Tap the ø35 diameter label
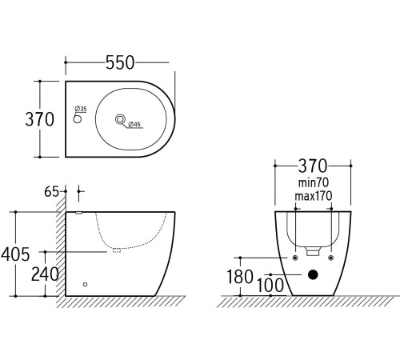(x=82, y=109)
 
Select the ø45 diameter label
(x=134, y=124)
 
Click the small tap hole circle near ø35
(x=78, y=120)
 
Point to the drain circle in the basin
(x=121, y=120)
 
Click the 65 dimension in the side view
(x=53, y=191)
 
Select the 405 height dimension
(x=15, y=254)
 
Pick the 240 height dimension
(x=45, y=274)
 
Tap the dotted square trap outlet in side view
(x=116, y=251)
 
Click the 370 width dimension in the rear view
(x=314, y=166)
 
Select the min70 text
(x=314, y=183)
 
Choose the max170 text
(x=314, y=196)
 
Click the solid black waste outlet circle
(x=313, y=277)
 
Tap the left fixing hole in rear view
(x=295, y=258)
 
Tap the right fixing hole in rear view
(x=331, y=258)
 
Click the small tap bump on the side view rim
(x=78, y=213)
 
